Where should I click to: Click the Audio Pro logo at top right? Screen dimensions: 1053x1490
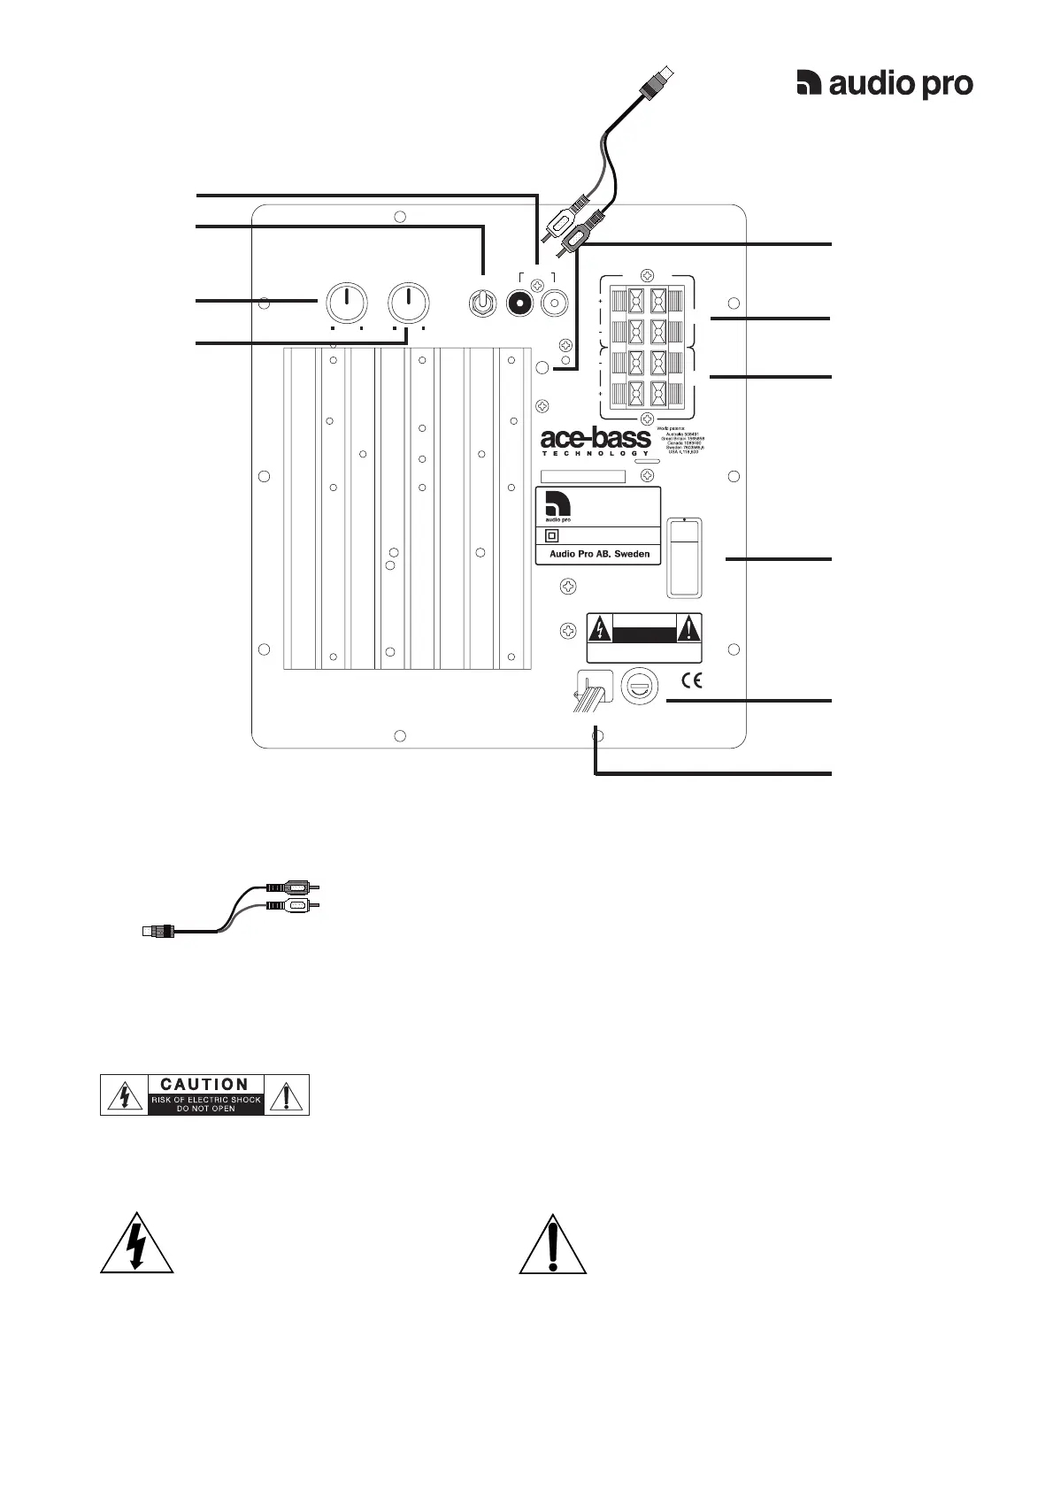[884, 84]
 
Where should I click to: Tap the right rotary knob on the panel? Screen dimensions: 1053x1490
[409, 303]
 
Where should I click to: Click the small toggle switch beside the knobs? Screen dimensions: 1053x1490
[480, 303]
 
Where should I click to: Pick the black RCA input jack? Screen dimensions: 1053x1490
[519, 303]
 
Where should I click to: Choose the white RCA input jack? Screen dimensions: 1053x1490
[555, 303]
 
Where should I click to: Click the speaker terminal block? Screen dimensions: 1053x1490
[648, 347]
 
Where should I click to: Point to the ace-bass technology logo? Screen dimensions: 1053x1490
[595, 441]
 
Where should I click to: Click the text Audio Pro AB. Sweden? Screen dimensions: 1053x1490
[599, 554]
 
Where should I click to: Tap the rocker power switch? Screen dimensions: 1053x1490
[685, 557]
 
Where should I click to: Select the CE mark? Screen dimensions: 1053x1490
[691, 680]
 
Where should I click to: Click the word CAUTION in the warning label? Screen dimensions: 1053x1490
[204, 1084]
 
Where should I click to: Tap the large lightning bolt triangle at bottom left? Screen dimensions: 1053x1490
[136, 1245]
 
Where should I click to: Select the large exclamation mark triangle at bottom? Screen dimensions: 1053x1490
[552, 1245]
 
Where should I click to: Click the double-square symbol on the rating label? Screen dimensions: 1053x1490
[553, 535]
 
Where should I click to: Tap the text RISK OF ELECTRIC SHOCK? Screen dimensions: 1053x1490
[205, 1100]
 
